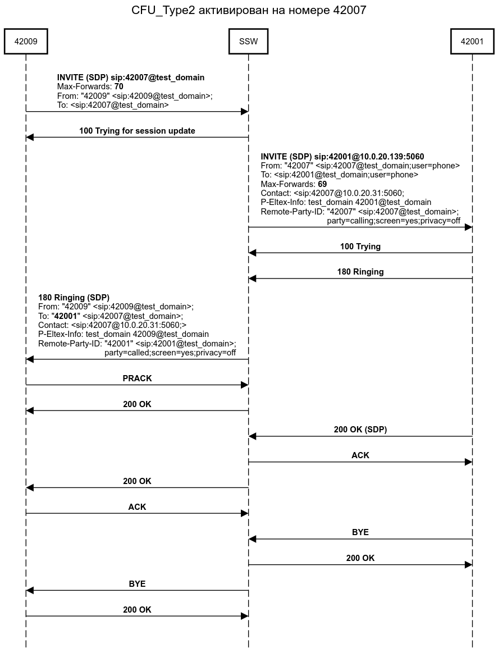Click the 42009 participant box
click(26, 41)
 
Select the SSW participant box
click(248, 41)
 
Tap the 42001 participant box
click(472, 41)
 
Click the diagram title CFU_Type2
click(249, 10)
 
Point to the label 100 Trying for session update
click(137, 131)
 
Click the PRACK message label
click(137, 378)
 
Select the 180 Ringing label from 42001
click(360, 272)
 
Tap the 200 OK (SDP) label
click(360, 430)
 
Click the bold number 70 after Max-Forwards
click(118, 87)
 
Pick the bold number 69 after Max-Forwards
click(322, 184)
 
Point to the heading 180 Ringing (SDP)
click(74, 298)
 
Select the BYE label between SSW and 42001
click(360, 532)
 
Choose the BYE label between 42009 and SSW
click(137, 584)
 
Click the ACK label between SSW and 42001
click(360, 455)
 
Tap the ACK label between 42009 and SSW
click(137, 507)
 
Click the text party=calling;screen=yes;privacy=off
click(394, 221)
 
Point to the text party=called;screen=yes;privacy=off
click(170, 353)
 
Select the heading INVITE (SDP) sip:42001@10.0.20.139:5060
click(342, 157)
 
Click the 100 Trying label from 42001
click(360, 247)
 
